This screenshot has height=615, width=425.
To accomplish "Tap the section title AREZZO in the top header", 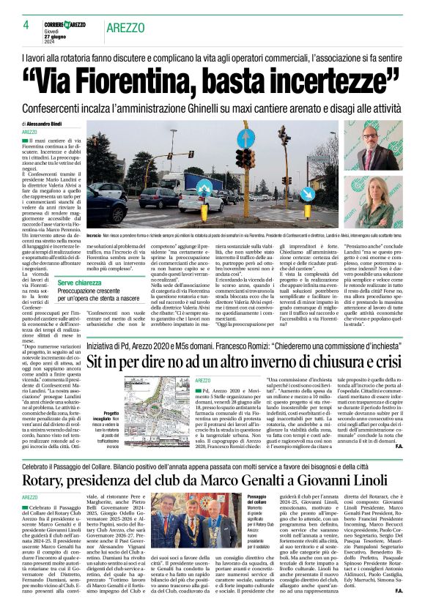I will tap(125, 28).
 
